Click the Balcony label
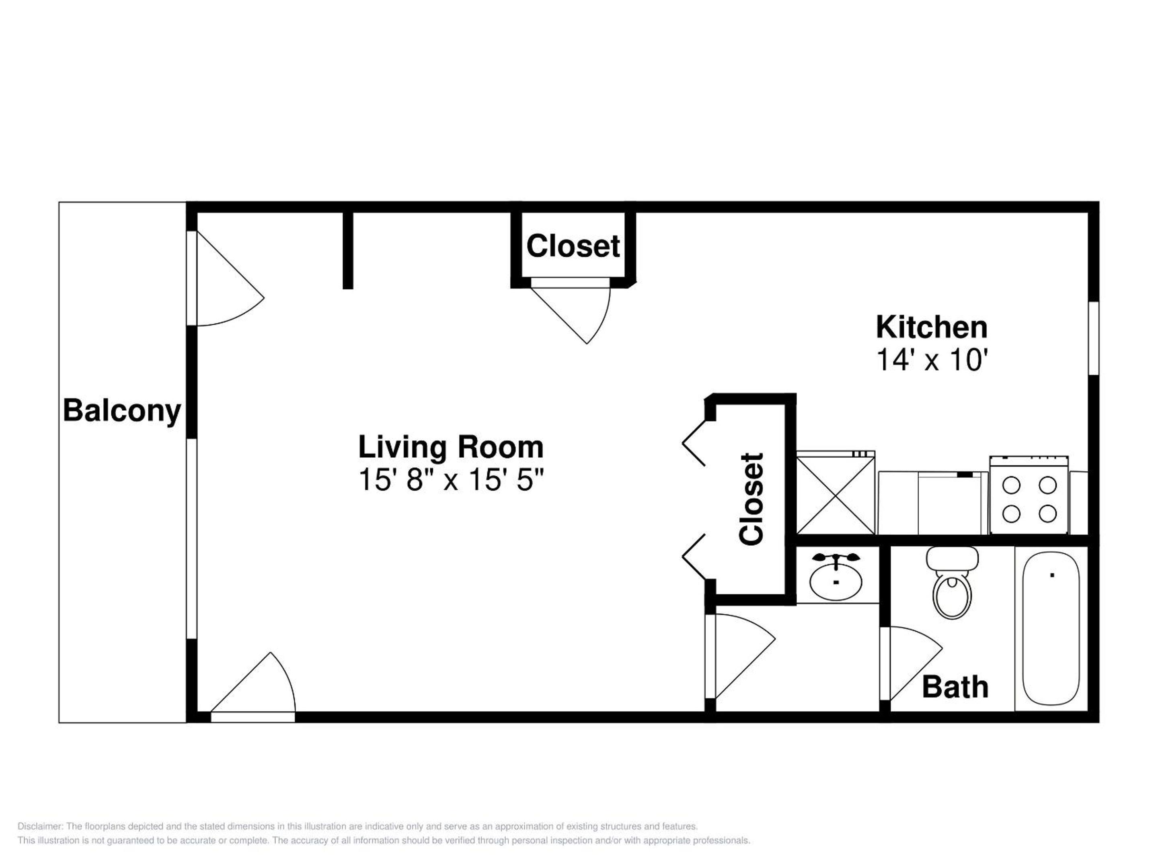[x=122, y=411]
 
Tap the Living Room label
[x=451, y=447]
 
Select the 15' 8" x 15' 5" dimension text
[x=451, y=479]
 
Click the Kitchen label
[x=932, y=328]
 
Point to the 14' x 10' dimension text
[x=932, y=360]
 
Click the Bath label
[x=955, y=687]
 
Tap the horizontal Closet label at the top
[x=573, y=246]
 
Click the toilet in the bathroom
[x=952, y=583]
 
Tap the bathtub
[x=1051, y=628]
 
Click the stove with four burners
[x=1029, y=495]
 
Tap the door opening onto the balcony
[x=225, y=278]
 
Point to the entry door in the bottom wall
[x=253, y=687]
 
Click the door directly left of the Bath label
[x=911, y=663]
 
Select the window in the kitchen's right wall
[x=1094, y=338]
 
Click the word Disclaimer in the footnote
[x=40, y=827]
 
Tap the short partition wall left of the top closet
[x=348, y=250]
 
